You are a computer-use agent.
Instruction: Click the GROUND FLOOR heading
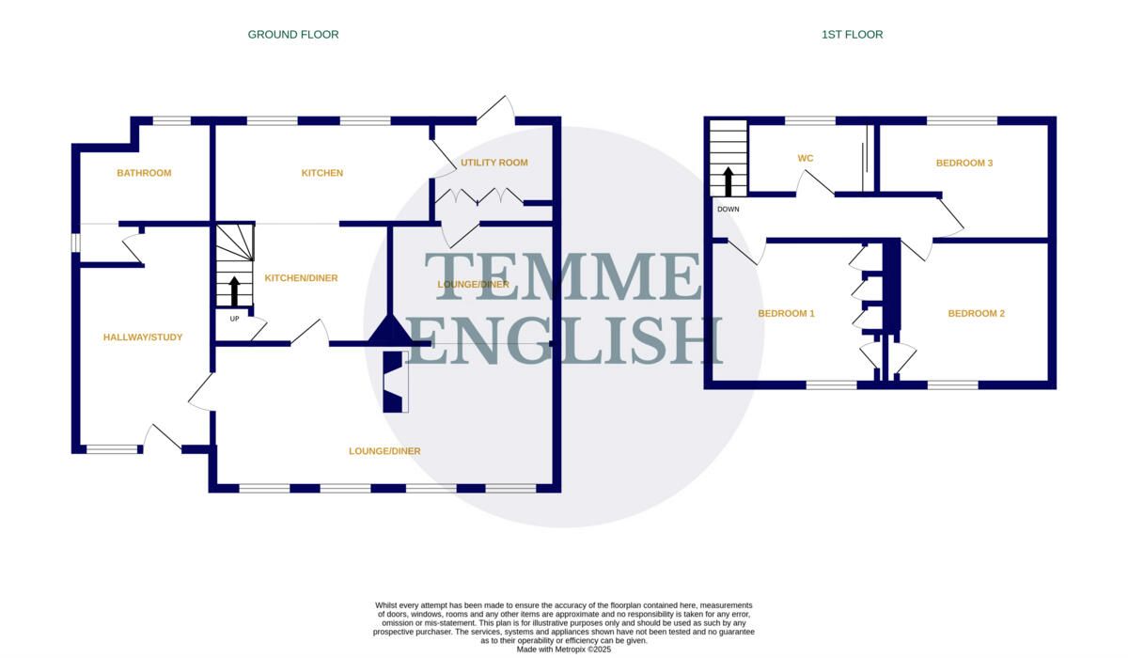293,35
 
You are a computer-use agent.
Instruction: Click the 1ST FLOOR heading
852,35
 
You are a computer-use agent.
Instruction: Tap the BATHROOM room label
144,173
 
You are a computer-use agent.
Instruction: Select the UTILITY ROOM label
494,163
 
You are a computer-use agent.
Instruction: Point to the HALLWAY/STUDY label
143,337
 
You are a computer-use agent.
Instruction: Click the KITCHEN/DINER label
301,278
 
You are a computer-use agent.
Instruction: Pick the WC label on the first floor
806,159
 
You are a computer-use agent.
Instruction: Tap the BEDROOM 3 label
964,164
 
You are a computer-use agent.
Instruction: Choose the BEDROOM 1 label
786,314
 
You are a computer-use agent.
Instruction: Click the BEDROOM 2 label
976,314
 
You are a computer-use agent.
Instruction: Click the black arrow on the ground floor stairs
234,291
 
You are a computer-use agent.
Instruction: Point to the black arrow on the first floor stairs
728,181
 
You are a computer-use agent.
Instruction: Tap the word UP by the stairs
234,319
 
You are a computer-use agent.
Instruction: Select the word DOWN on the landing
728,209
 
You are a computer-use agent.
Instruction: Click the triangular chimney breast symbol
390,330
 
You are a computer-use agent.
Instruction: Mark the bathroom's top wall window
172,121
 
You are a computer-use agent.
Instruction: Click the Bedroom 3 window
962,121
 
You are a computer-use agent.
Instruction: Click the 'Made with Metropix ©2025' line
563,650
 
